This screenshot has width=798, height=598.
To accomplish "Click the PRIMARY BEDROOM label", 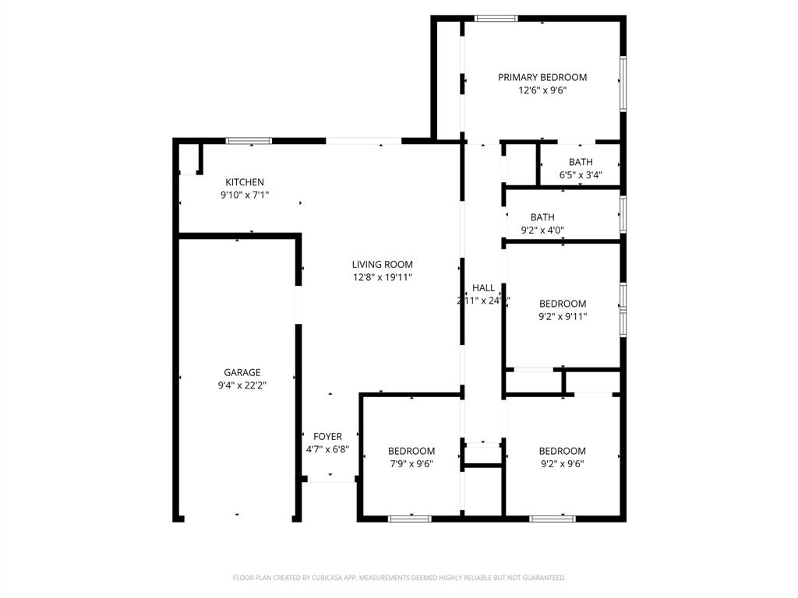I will (542, 77).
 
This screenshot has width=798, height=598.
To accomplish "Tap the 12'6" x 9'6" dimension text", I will (542, 90).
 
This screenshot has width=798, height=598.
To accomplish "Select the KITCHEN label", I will (245, 182).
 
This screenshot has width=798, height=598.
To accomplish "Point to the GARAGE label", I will (242, 373).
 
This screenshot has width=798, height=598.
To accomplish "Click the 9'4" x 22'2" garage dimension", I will (242, 385).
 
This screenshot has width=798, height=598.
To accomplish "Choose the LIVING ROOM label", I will (382, 265).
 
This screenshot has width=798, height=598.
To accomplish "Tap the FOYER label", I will (327, 437).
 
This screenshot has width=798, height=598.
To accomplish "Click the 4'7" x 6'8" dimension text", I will (327, 449).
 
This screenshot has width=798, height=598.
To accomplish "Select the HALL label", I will (483, 288).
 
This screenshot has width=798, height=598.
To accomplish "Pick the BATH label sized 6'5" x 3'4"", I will (581, 162).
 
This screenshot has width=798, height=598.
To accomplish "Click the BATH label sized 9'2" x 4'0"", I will (542, 217).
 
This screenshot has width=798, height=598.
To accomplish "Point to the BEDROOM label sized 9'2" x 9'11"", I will (563, 304).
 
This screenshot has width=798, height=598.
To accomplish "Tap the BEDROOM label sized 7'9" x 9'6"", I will (411, 451).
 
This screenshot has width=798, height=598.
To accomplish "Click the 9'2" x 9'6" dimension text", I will (562, 464).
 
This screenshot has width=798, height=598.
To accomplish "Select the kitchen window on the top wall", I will (249, 141).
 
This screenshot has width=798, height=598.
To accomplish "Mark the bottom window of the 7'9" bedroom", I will (410, 519).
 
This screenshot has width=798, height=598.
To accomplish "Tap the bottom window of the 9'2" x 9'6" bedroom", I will (553, 519).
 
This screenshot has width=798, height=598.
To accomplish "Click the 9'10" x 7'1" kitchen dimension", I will (245, 195).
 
